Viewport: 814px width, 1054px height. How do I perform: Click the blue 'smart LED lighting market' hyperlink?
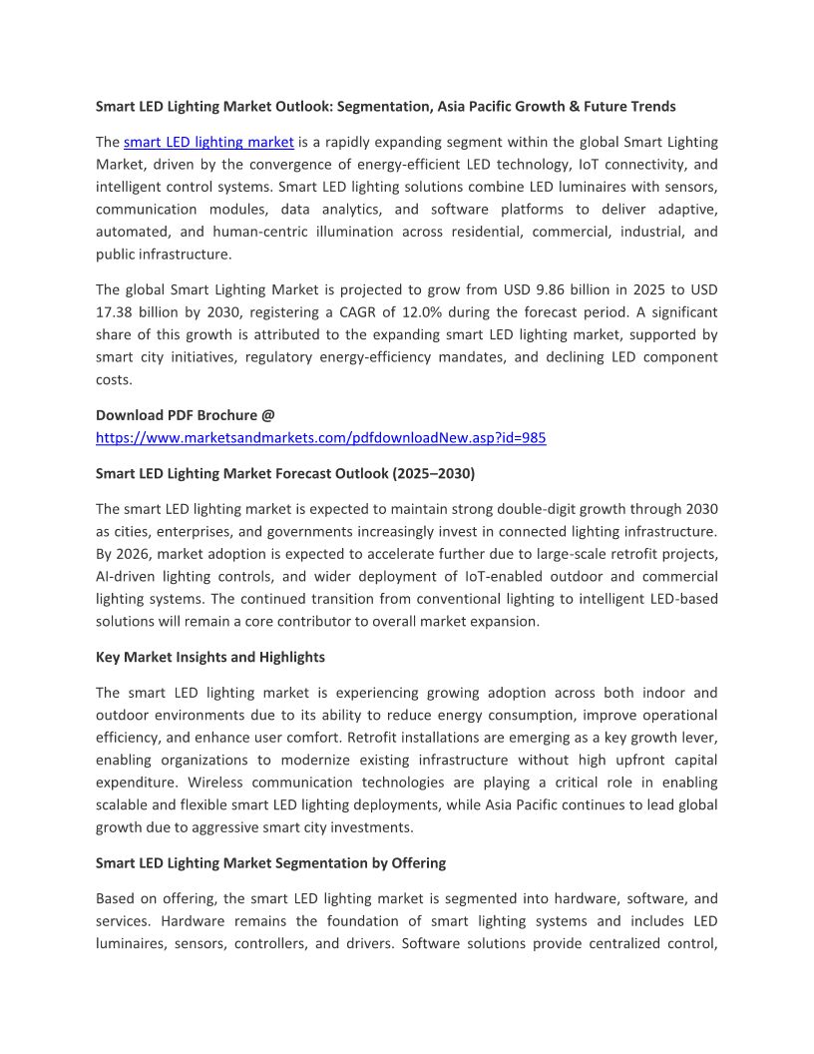tap(208, 143)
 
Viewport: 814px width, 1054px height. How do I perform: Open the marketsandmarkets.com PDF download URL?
tap(320, 437)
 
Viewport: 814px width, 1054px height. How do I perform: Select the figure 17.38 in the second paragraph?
tap(116, 312)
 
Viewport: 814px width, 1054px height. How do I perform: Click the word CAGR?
tap(386, 312)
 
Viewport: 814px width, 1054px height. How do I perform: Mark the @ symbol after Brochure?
tap(268, 415)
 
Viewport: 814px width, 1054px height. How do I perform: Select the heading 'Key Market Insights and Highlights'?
tap(210, 658)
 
